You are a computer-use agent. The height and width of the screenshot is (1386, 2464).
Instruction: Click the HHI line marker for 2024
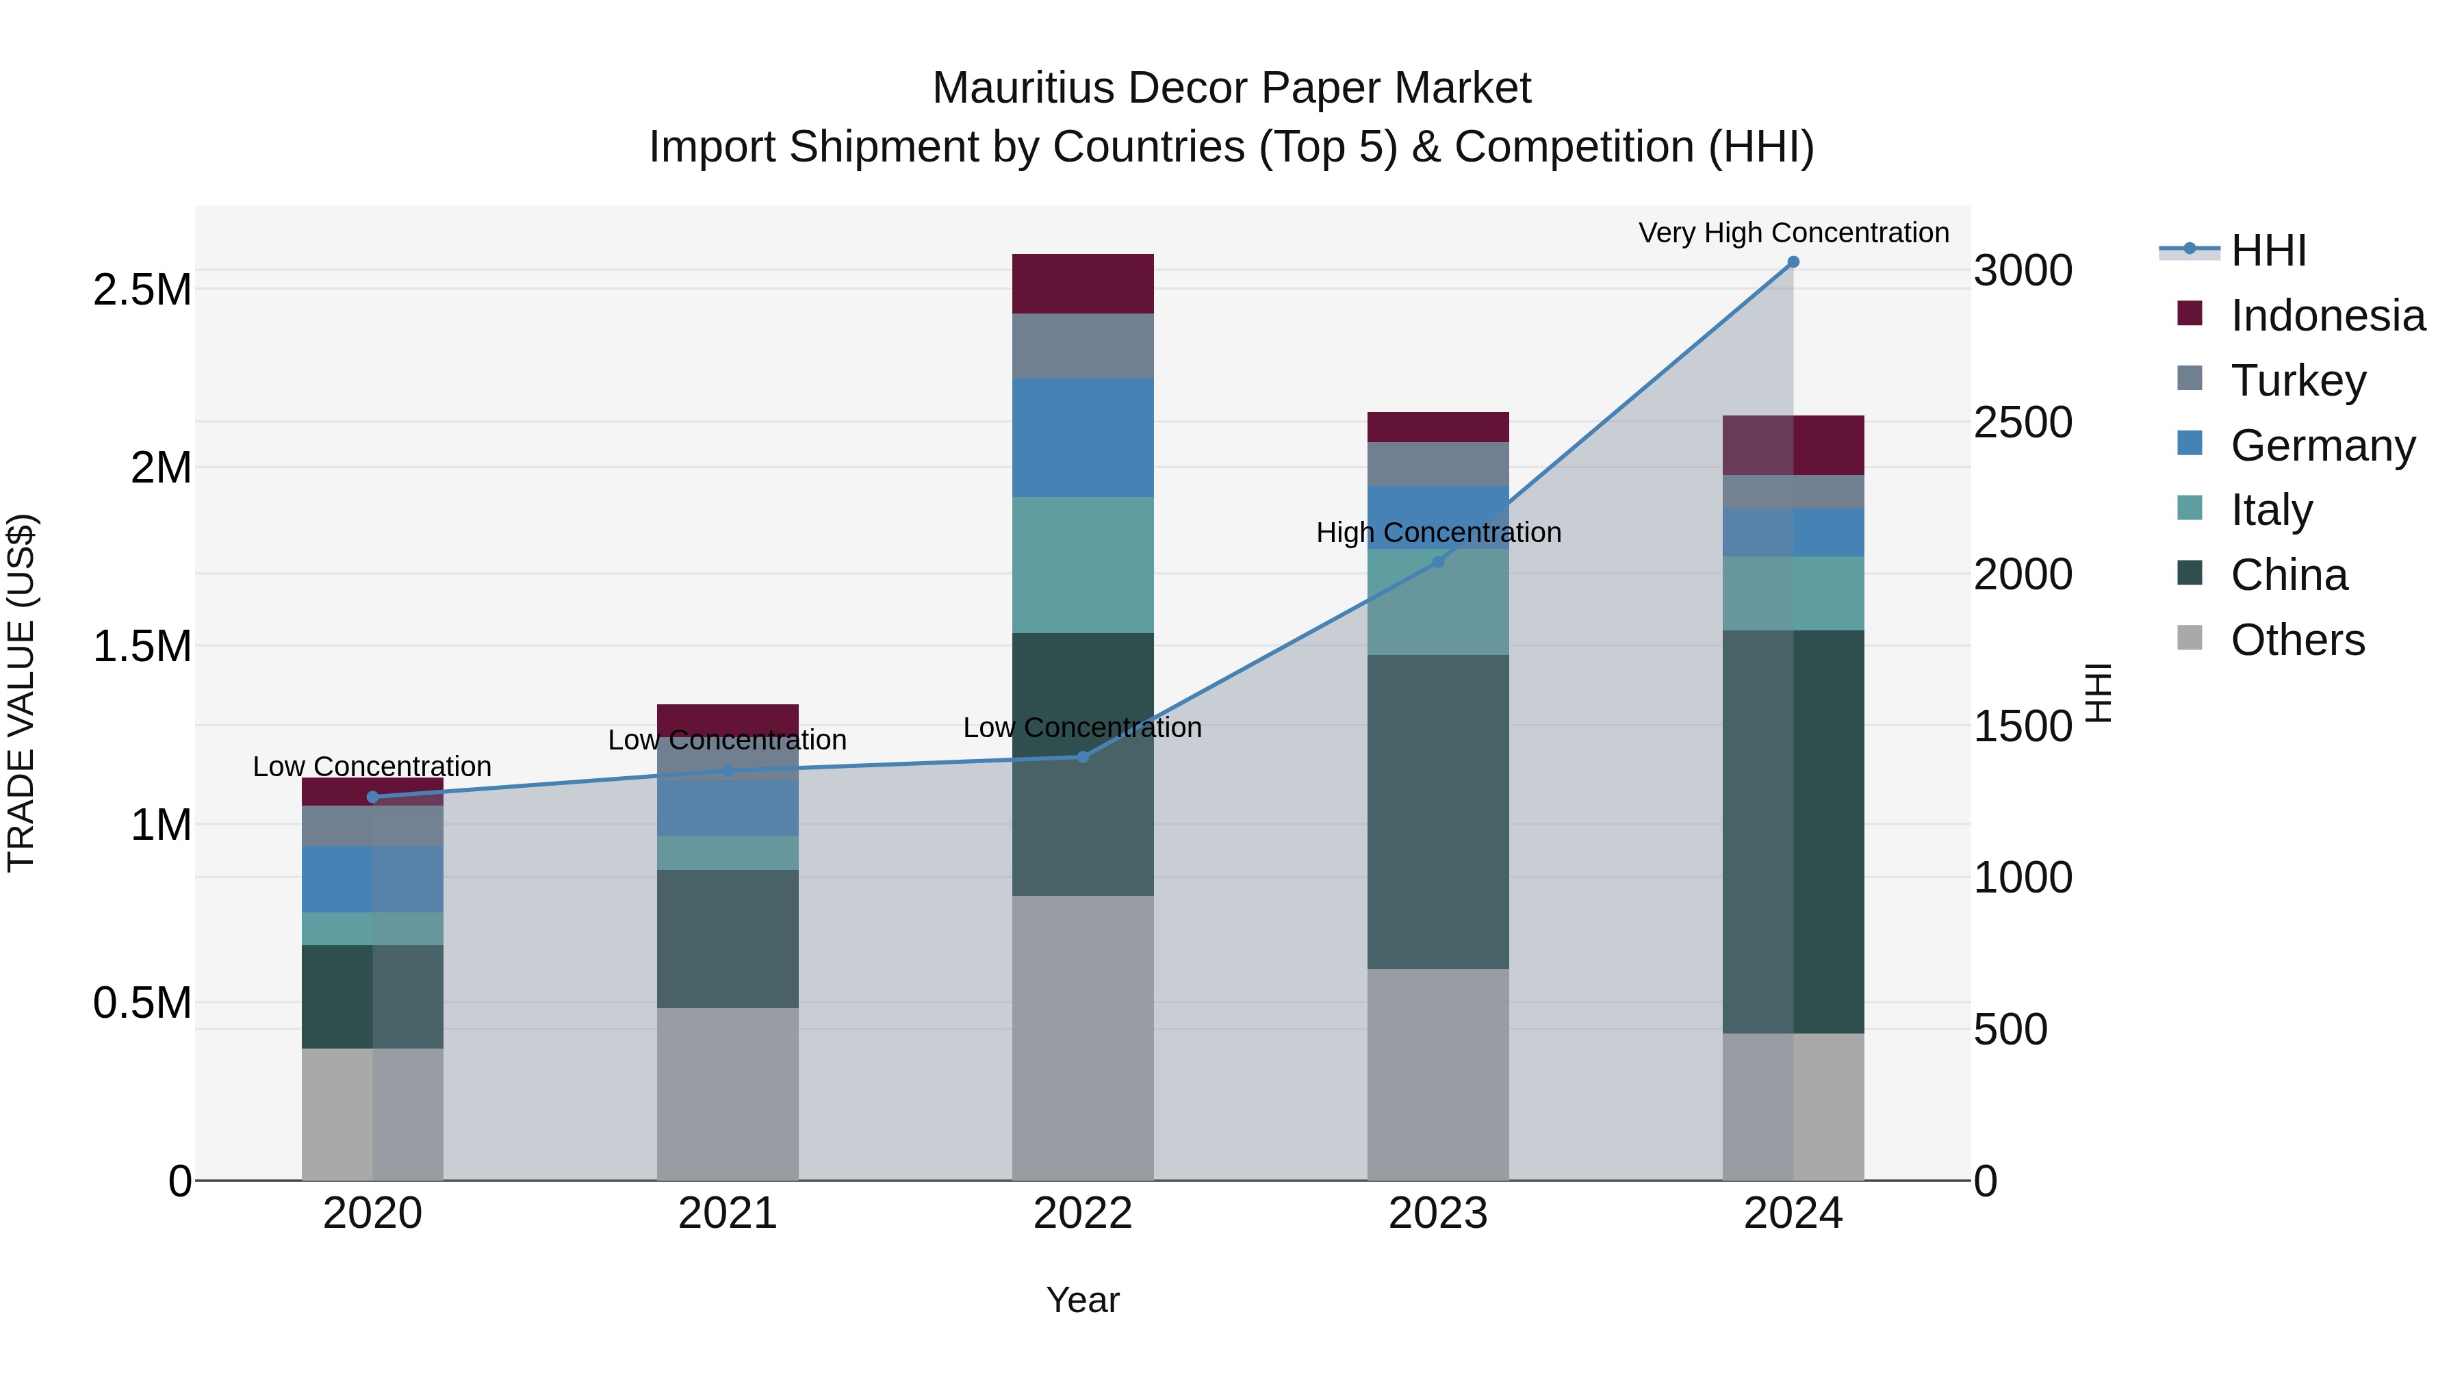pyautogui.click(x=1793, y=262)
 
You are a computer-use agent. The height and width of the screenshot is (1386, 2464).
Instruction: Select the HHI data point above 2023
pyautogui.click(x=1437, y=563)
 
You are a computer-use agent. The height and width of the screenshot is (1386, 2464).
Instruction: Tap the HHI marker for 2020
pyautogui.click(x=373, y=797)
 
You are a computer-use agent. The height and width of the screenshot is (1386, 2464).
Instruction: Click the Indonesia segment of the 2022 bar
pyautogui.click(x=1083, y=284)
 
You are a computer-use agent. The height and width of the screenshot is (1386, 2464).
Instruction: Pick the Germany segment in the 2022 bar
pyautogui.click(x=1083, y=437)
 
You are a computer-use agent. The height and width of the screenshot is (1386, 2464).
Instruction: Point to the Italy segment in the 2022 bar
pyautogui.click(x=1083, y=565)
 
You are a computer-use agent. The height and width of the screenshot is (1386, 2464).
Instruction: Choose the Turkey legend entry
pyautogui.click(x=2298, y=381)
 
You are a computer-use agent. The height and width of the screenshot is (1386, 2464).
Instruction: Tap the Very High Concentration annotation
pyautogui.click(x=1793, y=233)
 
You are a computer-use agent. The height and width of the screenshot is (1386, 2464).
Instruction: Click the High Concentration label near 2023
pyautogui.click(x=1437, y=532)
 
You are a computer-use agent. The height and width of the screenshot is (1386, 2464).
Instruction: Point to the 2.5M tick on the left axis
pyautogui.click(x=142, y=290)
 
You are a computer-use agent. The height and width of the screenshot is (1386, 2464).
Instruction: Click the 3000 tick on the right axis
pyautogui.click(x=2022, y=270)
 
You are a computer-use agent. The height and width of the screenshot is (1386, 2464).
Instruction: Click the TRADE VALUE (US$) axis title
pyautogui.click(x=21, y=693)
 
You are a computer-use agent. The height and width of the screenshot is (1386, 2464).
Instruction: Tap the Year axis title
pyautogui.click(x=1082, y=1300)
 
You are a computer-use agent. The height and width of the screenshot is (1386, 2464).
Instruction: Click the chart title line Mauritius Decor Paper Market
pyautogui.click(x=1231, y=88)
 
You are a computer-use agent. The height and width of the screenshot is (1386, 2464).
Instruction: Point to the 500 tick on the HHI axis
pyautogui.click(x=2010, y=1030)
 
